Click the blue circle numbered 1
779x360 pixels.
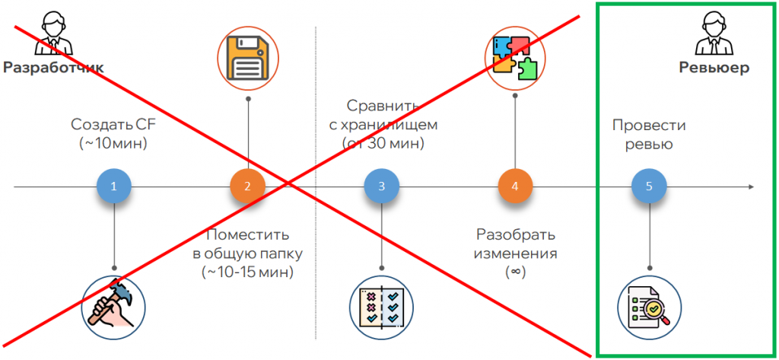(x=114, y=186)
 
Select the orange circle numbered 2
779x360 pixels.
(x=248, y=186)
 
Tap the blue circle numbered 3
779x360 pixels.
(x=382, y=186)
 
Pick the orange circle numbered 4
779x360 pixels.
(x=515, y=186)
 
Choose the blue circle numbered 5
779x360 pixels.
(x=649, y=186)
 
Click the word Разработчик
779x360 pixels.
(x=53, y=68)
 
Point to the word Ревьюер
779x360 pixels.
(x=714, y=68)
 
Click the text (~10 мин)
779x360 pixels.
(x=113, y=142)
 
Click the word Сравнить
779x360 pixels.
(x=382, y=106)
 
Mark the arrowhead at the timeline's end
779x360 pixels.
(x=751, y=186)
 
